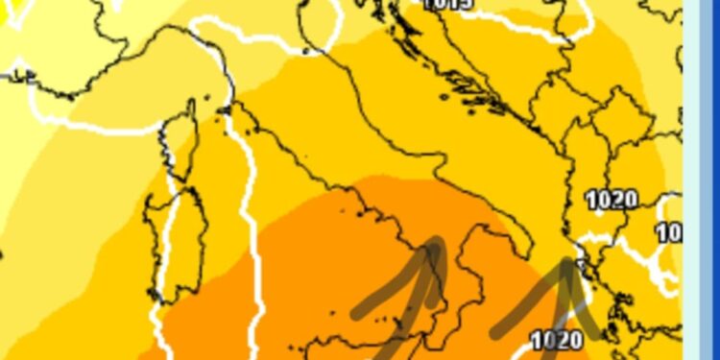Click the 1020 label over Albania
[612, 201]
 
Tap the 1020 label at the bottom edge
[556, 339]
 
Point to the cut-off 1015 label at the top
[447, 4]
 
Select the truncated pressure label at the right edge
[669, 232]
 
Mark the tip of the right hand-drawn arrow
[568, 260]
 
